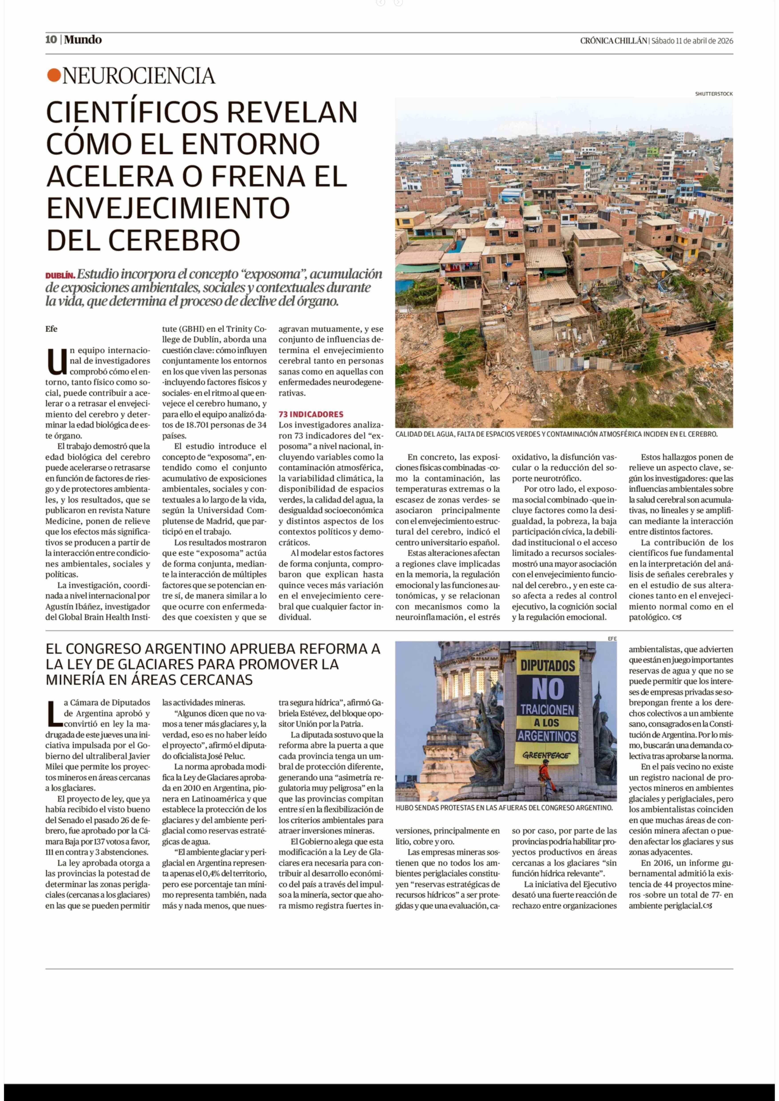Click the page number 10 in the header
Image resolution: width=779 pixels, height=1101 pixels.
click(51, 40)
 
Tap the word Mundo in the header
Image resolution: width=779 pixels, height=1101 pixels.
click(83, 40)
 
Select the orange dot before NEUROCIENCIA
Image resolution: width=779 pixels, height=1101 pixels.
click(54, 75)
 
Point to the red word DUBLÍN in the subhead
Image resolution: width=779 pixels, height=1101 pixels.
click(60, 276)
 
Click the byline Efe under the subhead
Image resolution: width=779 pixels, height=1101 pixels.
click(51, 329)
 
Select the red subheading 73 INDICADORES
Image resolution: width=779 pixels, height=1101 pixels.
click(311, 414)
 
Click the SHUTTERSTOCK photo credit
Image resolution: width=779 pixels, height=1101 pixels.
click(714, 94)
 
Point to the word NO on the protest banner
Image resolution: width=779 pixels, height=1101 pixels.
click(547, 689)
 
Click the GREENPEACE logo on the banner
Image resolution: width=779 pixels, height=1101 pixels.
click(546, 755)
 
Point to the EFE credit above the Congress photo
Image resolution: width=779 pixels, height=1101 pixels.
click(612, 638)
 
